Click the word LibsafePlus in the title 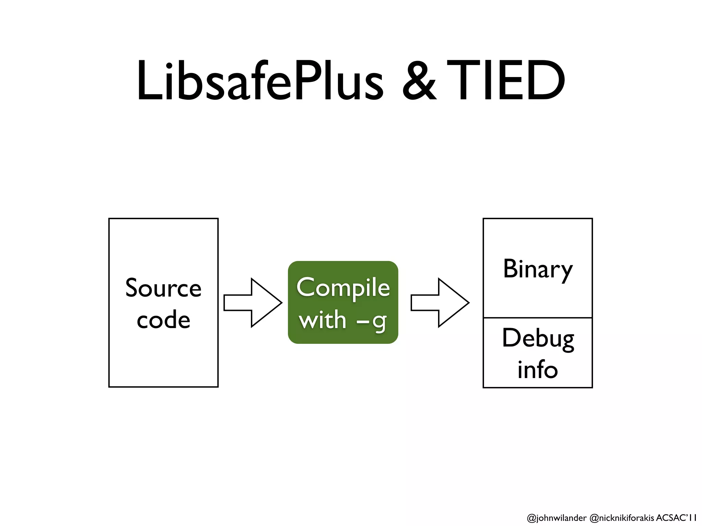click(260, 81)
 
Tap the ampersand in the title click(419, 81)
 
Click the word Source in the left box click(163, 288)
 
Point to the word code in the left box click(163, 320)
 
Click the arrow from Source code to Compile click(253, 303)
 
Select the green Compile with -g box click(343, 302)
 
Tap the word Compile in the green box click(343, 288)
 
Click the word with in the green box click(323, 320)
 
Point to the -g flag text click(372, 321)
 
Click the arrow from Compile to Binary click(440, 303)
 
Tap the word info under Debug click(537, 370)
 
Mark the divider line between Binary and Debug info click(537, 318)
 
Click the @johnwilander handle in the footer click(556, 518)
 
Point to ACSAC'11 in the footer click(676, 517)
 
